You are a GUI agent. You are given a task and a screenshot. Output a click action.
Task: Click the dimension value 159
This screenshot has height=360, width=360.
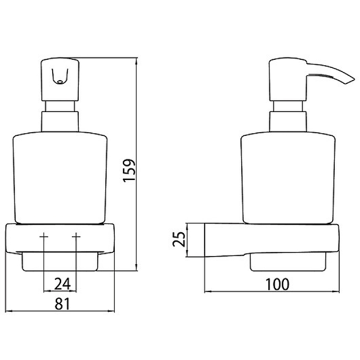click(x=129, y=170)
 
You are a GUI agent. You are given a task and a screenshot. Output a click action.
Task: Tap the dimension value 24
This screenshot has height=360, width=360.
click(x=62, y=284)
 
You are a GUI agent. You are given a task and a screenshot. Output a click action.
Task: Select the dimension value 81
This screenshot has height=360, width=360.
click(x=62, y=304)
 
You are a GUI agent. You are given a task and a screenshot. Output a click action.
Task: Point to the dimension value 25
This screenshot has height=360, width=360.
click(x=179, y=239)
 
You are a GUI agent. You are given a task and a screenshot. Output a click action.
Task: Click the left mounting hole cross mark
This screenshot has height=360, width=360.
click(x=44, y=236)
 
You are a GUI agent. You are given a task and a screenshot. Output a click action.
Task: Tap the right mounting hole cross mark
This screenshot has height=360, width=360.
click(x=76, y=236)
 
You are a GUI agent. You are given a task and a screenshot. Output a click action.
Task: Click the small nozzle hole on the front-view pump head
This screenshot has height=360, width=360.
click(x=60, y=81)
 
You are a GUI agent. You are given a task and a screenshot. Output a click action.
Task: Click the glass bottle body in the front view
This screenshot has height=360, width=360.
click(x=60, y=177)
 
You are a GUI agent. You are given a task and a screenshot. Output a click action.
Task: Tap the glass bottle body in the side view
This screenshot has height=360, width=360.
click(x=288, y=177)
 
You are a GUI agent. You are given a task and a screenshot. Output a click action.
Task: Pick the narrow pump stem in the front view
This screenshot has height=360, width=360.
click(x=60, y=106)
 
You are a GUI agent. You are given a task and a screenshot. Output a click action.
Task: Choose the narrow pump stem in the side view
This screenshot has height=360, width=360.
click(x=288, y=106)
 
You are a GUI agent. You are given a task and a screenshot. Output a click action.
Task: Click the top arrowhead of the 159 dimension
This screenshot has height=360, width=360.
click(x=137, y=60)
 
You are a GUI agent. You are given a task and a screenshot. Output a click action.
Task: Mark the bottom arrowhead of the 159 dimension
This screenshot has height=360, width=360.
click(x=137, y=268)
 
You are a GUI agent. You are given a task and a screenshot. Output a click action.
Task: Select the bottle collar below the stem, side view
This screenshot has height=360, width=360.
click(x=288, y=121)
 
